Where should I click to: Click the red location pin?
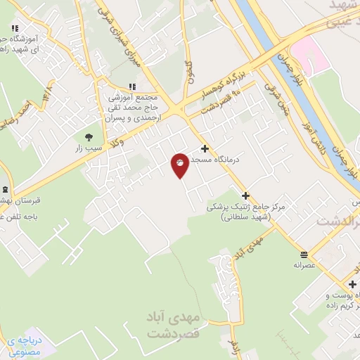[x=180, y=165]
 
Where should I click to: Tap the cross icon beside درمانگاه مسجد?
[x=205, y=148]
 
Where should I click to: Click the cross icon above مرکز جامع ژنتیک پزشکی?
[x=245, y=195]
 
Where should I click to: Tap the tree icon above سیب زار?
[x=89, y=138]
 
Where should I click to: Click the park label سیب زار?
[x=89, y=149]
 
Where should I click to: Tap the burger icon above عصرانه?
[x=304, y=254]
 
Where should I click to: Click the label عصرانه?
[x=304, y=266]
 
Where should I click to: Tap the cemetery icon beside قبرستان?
[x=5, y=190]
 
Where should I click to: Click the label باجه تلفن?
[x=14, y=216]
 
